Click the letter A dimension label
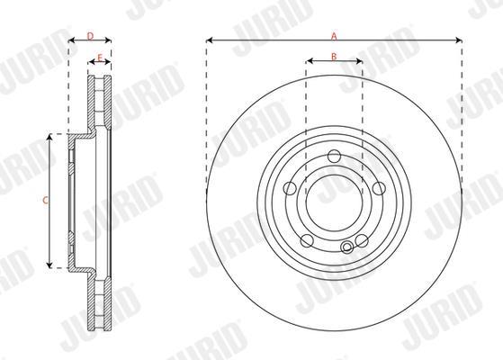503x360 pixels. point(334,36)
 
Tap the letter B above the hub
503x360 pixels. point(334,57)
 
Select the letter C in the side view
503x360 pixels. point(46,201)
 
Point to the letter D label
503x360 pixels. point(90,36)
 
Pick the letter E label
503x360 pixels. point(100,58)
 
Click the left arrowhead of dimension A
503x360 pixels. point(209,40)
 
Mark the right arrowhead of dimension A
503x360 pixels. point(459,40)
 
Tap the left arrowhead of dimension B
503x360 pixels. point(310,60)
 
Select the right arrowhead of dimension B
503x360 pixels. point(359,60)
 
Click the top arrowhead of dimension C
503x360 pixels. point(49,138)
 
